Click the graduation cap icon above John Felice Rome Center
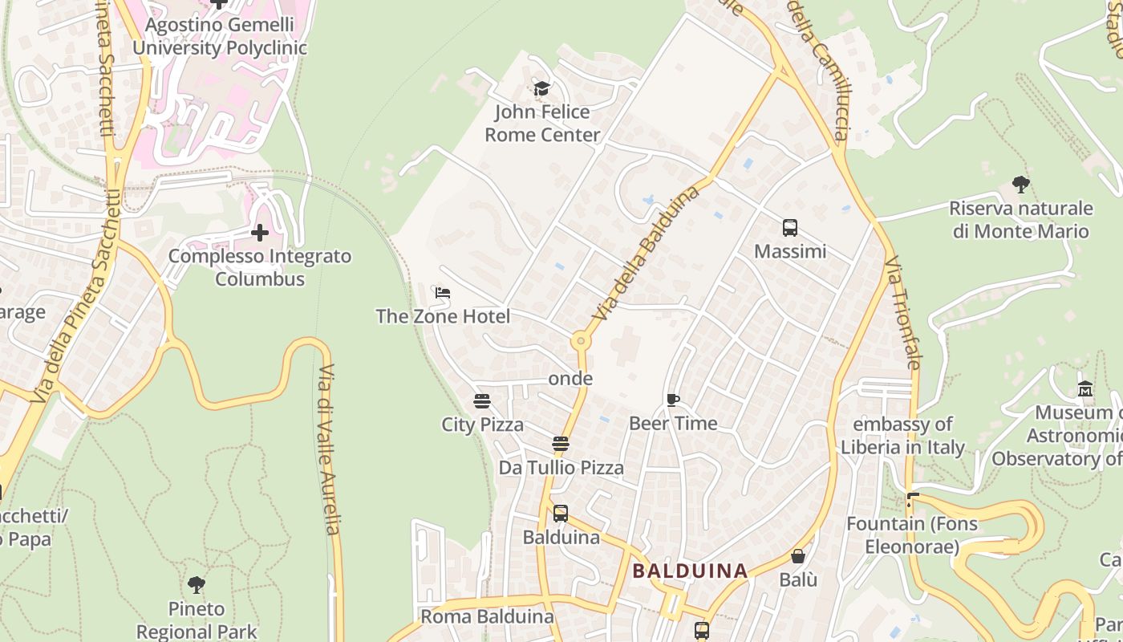[x=541, y=88]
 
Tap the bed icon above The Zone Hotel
[x=442, y=293]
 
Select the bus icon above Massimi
[x=790, y=228]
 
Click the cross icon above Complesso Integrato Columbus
[x=260, y=233]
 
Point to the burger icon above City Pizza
[x=482, y=400]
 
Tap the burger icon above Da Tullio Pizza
[x=561, y=444]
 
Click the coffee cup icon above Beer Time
[x=673, y=400]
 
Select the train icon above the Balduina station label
[x=561, y=514]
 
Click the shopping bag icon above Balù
[x=798, y=556]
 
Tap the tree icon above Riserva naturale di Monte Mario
[x=1021, y=185]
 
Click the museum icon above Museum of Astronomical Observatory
[x=1085, y=389]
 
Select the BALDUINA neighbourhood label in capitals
[x=690, y=571]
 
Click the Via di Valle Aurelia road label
[x=328, y=449]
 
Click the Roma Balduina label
[x=487, y=616]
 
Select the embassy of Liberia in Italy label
[x=902, y=436]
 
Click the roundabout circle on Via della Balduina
[x=581, y=341]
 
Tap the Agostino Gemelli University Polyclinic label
[x=220, y=36]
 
